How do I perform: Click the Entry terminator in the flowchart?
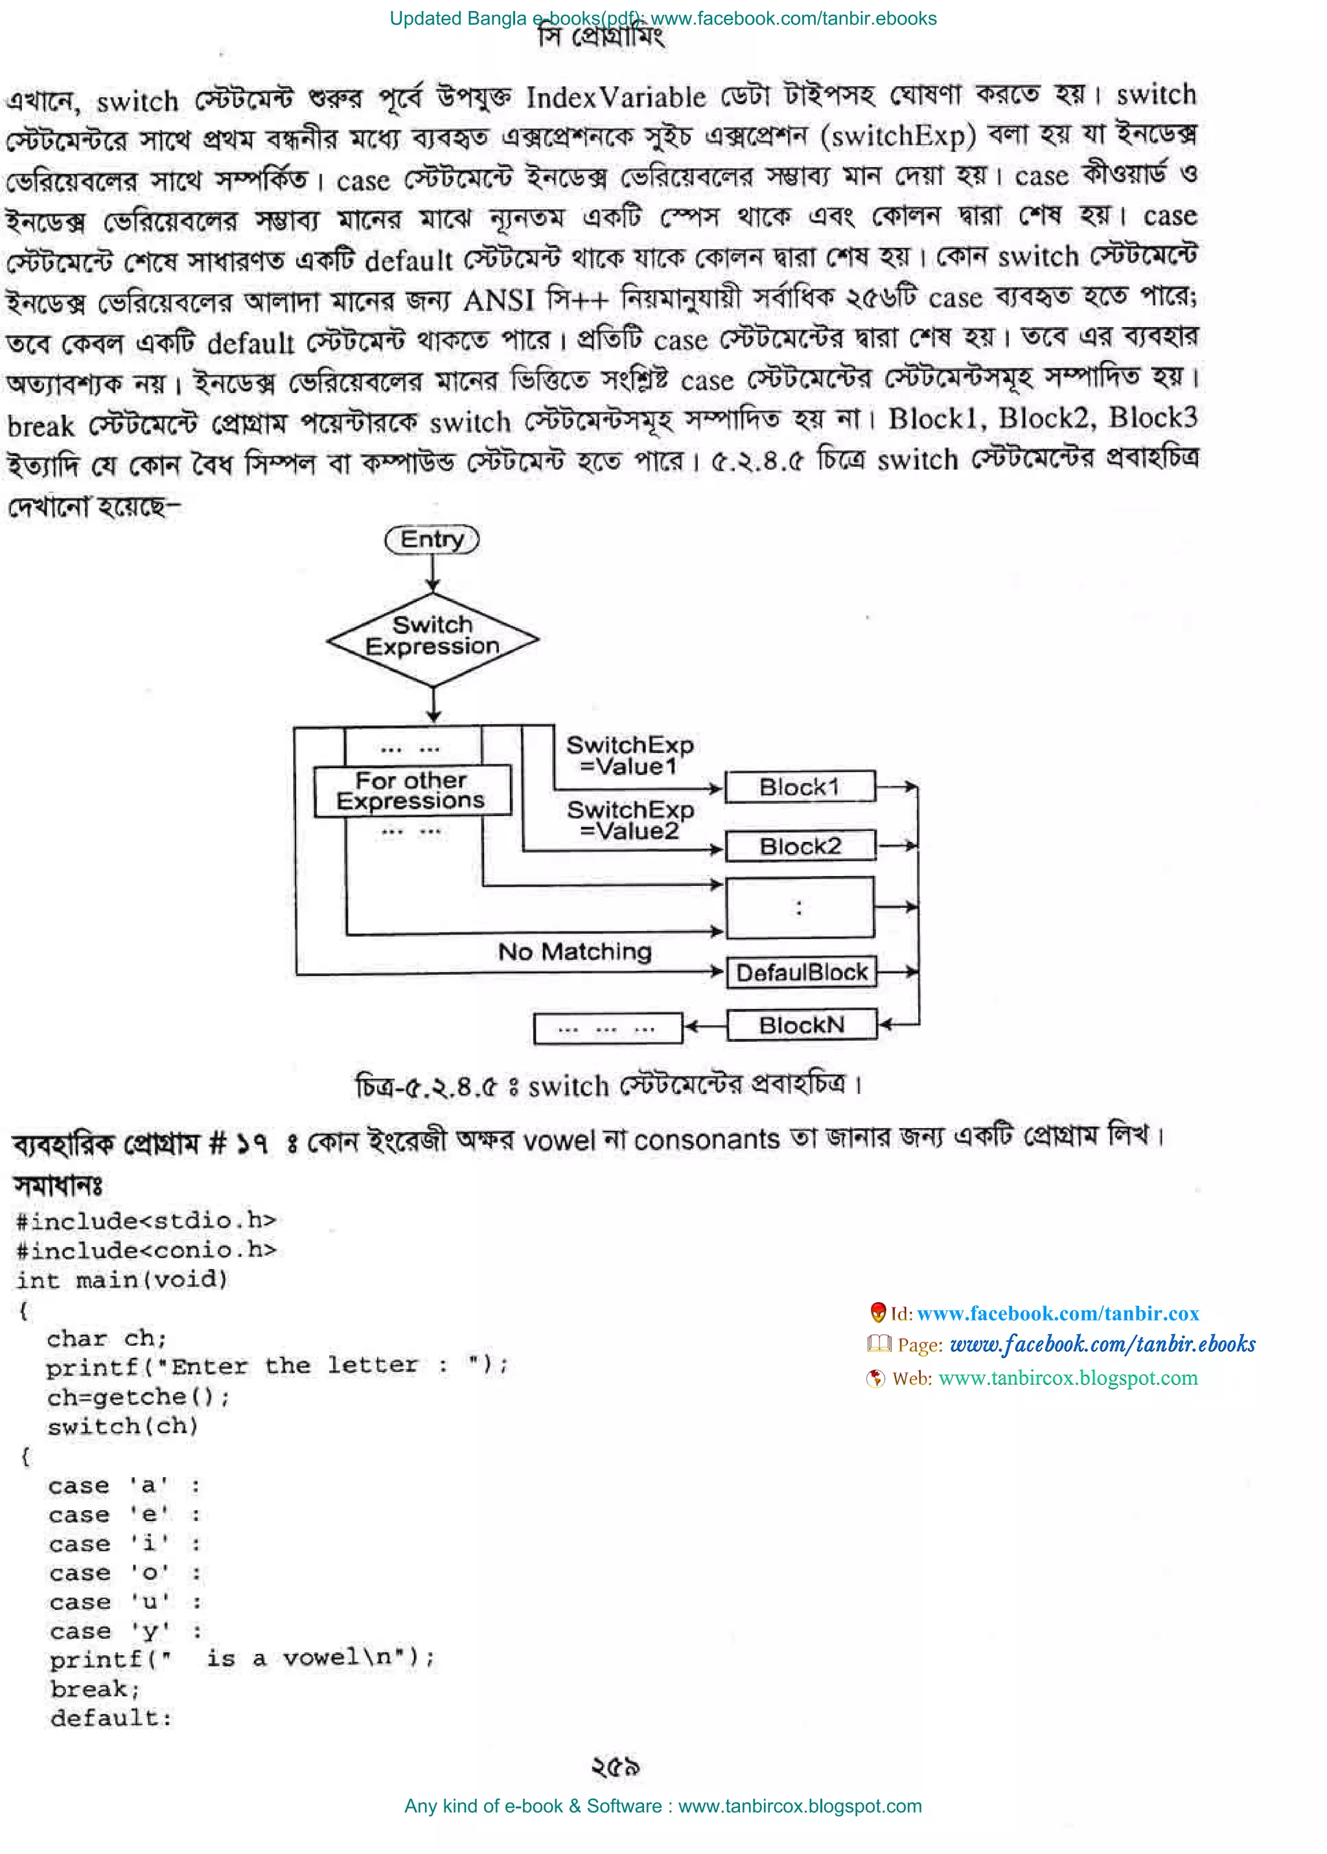tap(432, 540)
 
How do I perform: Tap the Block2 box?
tap(800, 846)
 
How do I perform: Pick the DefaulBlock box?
tap(802, 973)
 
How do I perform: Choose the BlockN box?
tap(802, 1025)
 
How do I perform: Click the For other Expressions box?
tap(412, 791)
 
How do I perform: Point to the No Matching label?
tap(575, 951)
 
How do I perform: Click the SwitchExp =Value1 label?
tap(629, 756)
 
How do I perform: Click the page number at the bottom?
tap(616, 1767)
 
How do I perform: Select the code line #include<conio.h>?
tap(146, 1250)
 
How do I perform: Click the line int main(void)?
tap(122, 1279)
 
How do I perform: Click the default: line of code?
tap(111, 1717)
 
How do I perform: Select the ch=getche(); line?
tap(138, 1397)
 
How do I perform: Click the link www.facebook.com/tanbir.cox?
tap(1057, 1313)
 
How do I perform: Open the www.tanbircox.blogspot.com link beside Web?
tap(1067, 1378)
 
